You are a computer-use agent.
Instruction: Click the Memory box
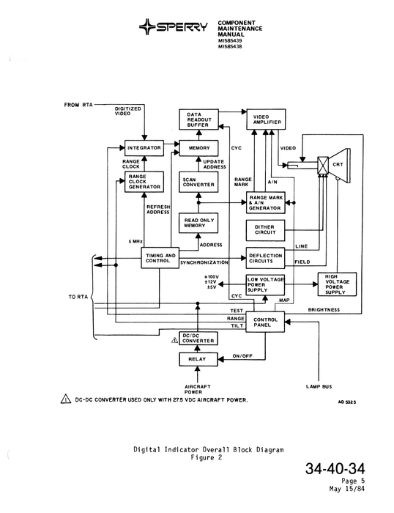click(198, 148)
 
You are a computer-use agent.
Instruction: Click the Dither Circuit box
click(264, 232)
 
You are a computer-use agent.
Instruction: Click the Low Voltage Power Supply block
click(264, 284)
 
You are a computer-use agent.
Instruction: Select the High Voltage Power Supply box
click(335, 284)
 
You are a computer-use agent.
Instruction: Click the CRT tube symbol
click(333, 166)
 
